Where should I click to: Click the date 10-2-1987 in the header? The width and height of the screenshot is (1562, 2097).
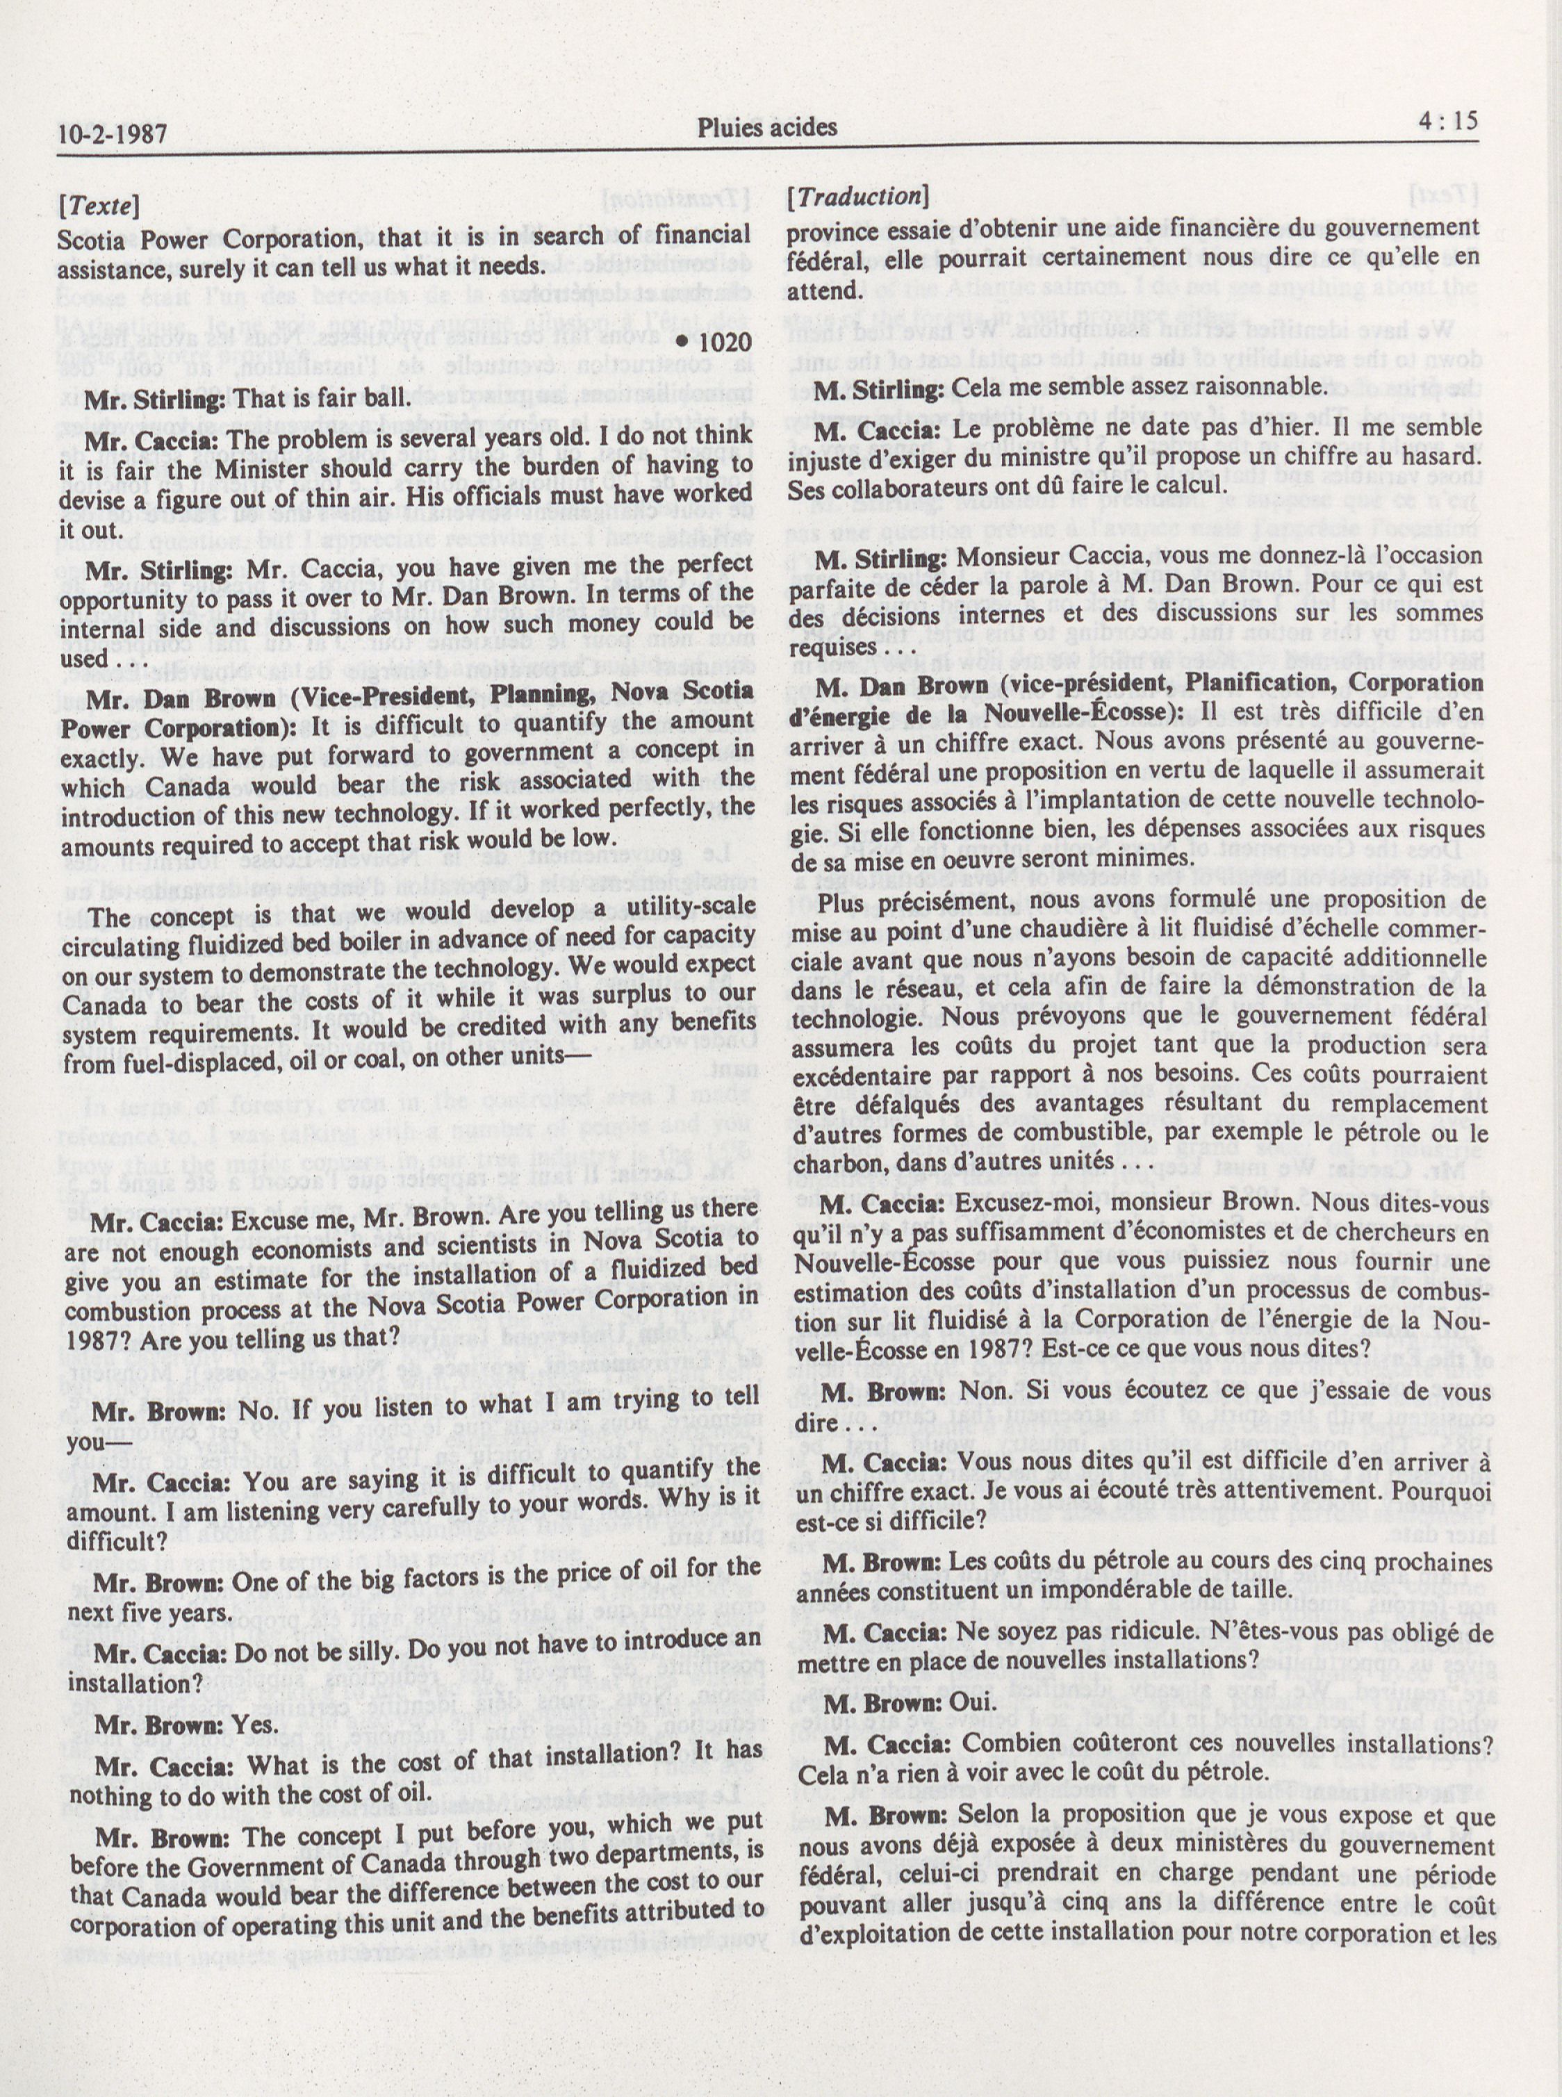[x=113, y=133]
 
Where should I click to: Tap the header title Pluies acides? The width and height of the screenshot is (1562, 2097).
[x=767, y=126]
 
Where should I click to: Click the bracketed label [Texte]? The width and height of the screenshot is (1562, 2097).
[x=99, y=204]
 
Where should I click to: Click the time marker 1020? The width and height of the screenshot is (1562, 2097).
[x=718, y=344]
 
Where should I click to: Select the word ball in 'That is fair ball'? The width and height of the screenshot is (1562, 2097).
[x=387, y=399]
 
